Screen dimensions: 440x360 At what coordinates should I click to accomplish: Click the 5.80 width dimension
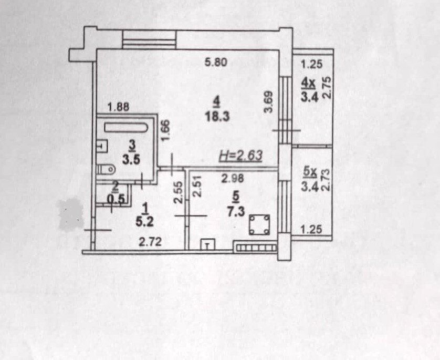tap(215, 63)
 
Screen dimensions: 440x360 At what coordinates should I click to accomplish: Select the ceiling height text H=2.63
tap(240, 156)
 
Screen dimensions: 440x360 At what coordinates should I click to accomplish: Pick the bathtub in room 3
tap(127, 127)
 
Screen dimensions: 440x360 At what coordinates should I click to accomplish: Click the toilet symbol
tap(106, 169)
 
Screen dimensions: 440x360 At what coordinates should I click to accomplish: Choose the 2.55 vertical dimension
tap(179, 193)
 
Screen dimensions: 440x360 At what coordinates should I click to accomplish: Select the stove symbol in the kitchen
tap(260, 225)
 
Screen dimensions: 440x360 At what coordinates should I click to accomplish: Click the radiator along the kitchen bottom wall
tap(255, 245)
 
